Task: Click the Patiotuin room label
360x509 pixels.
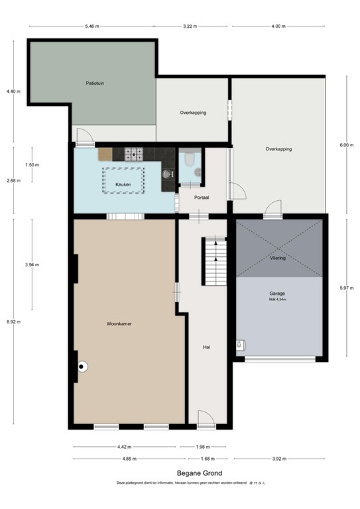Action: tap(95, 84)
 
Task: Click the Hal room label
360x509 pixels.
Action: tap(206, 347)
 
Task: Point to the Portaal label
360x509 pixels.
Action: tap(202, 198)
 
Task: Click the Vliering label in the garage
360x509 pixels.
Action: tap(278, 258)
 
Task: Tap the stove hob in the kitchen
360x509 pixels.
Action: tap(135, 154)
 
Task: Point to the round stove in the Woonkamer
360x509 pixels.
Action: tap(82, 366)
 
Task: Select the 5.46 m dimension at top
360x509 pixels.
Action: tap(91, 27)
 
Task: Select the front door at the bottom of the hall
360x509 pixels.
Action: tap(206, 418)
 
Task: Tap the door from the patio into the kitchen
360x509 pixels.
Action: tap(84, 137)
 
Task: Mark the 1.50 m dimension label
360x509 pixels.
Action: tap(31, 164)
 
